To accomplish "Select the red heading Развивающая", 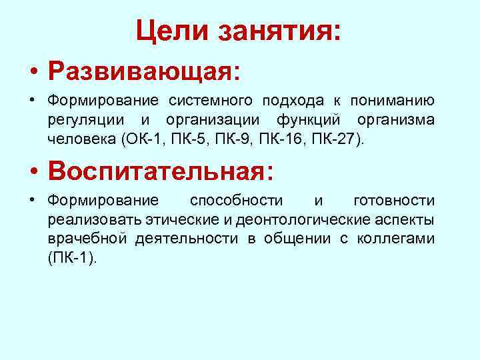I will (x=143, y=71).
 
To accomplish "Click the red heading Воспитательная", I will (x=160, y=171).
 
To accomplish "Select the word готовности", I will (x=394, y=201).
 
